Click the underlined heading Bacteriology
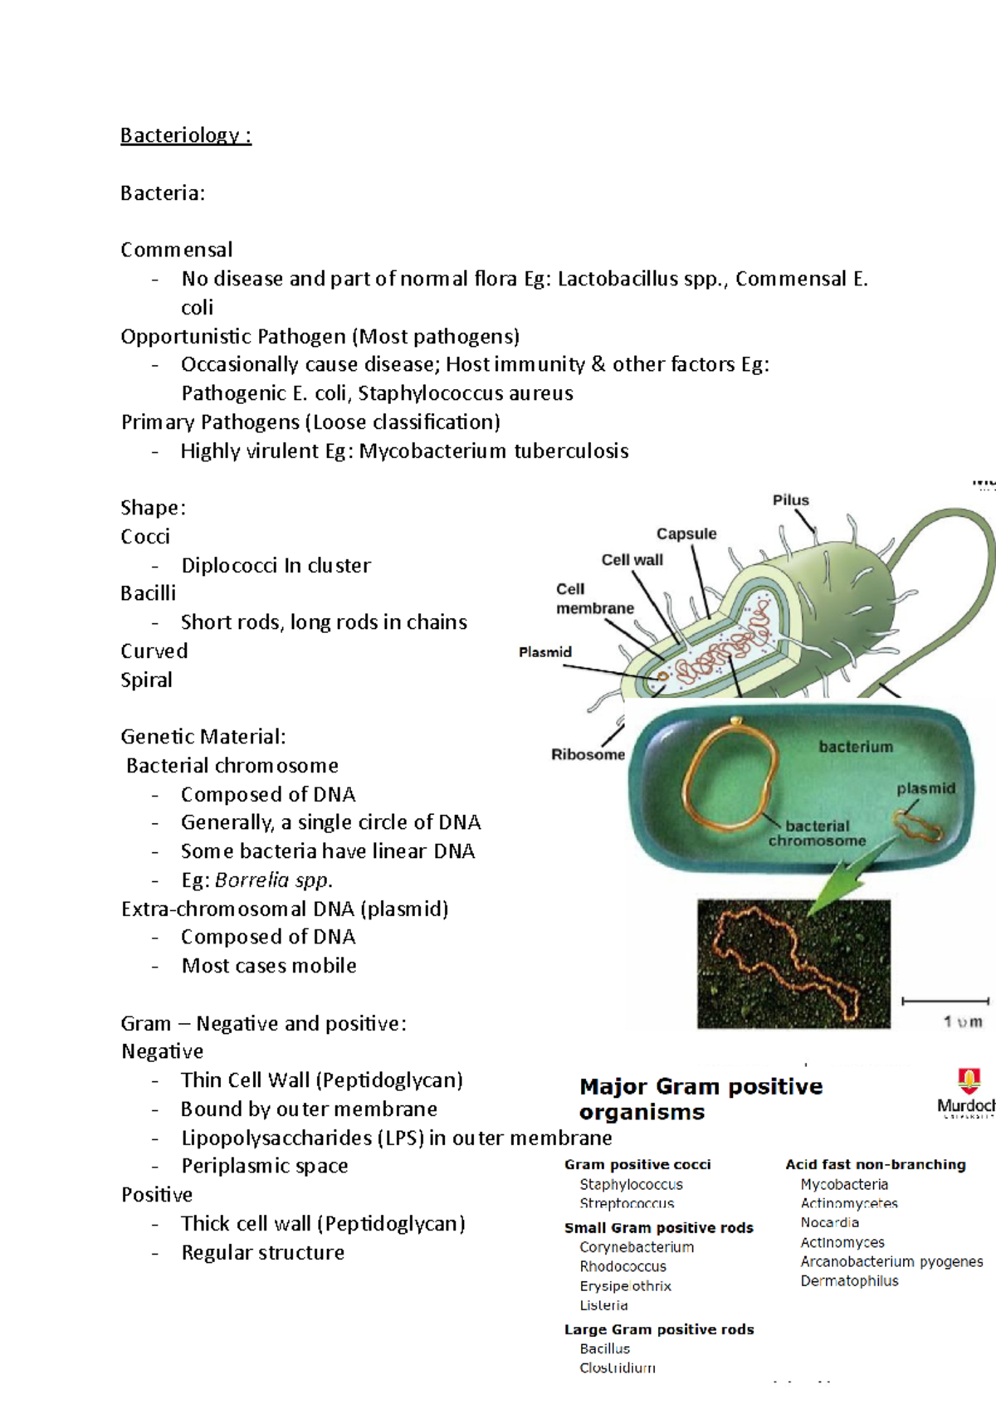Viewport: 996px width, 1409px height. [185, 135]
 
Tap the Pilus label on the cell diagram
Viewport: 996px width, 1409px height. [790, 500]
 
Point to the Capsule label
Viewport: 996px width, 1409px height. [686, 534]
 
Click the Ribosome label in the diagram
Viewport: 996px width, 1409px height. [588, 754]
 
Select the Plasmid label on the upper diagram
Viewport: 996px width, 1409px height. [545, 652]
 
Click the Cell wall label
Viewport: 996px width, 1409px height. [632, 560]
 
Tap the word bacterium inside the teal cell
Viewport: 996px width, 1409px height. [856, 747]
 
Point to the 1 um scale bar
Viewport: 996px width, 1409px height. [945, 1002]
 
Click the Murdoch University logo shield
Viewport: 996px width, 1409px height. [969, 1080]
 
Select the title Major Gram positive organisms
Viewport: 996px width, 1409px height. [701, 1099]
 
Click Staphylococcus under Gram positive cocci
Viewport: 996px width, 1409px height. [631, 1184]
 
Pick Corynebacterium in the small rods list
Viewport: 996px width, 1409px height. [637, 1247]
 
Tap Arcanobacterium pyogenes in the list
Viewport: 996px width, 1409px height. [891, 1261]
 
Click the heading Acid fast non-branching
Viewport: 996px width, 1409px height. [876, 1165]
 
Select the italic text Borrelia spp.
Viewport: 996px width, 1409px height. [273, 880]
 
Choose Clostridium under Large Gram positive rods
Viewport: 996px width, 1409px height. [618, 1368]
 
